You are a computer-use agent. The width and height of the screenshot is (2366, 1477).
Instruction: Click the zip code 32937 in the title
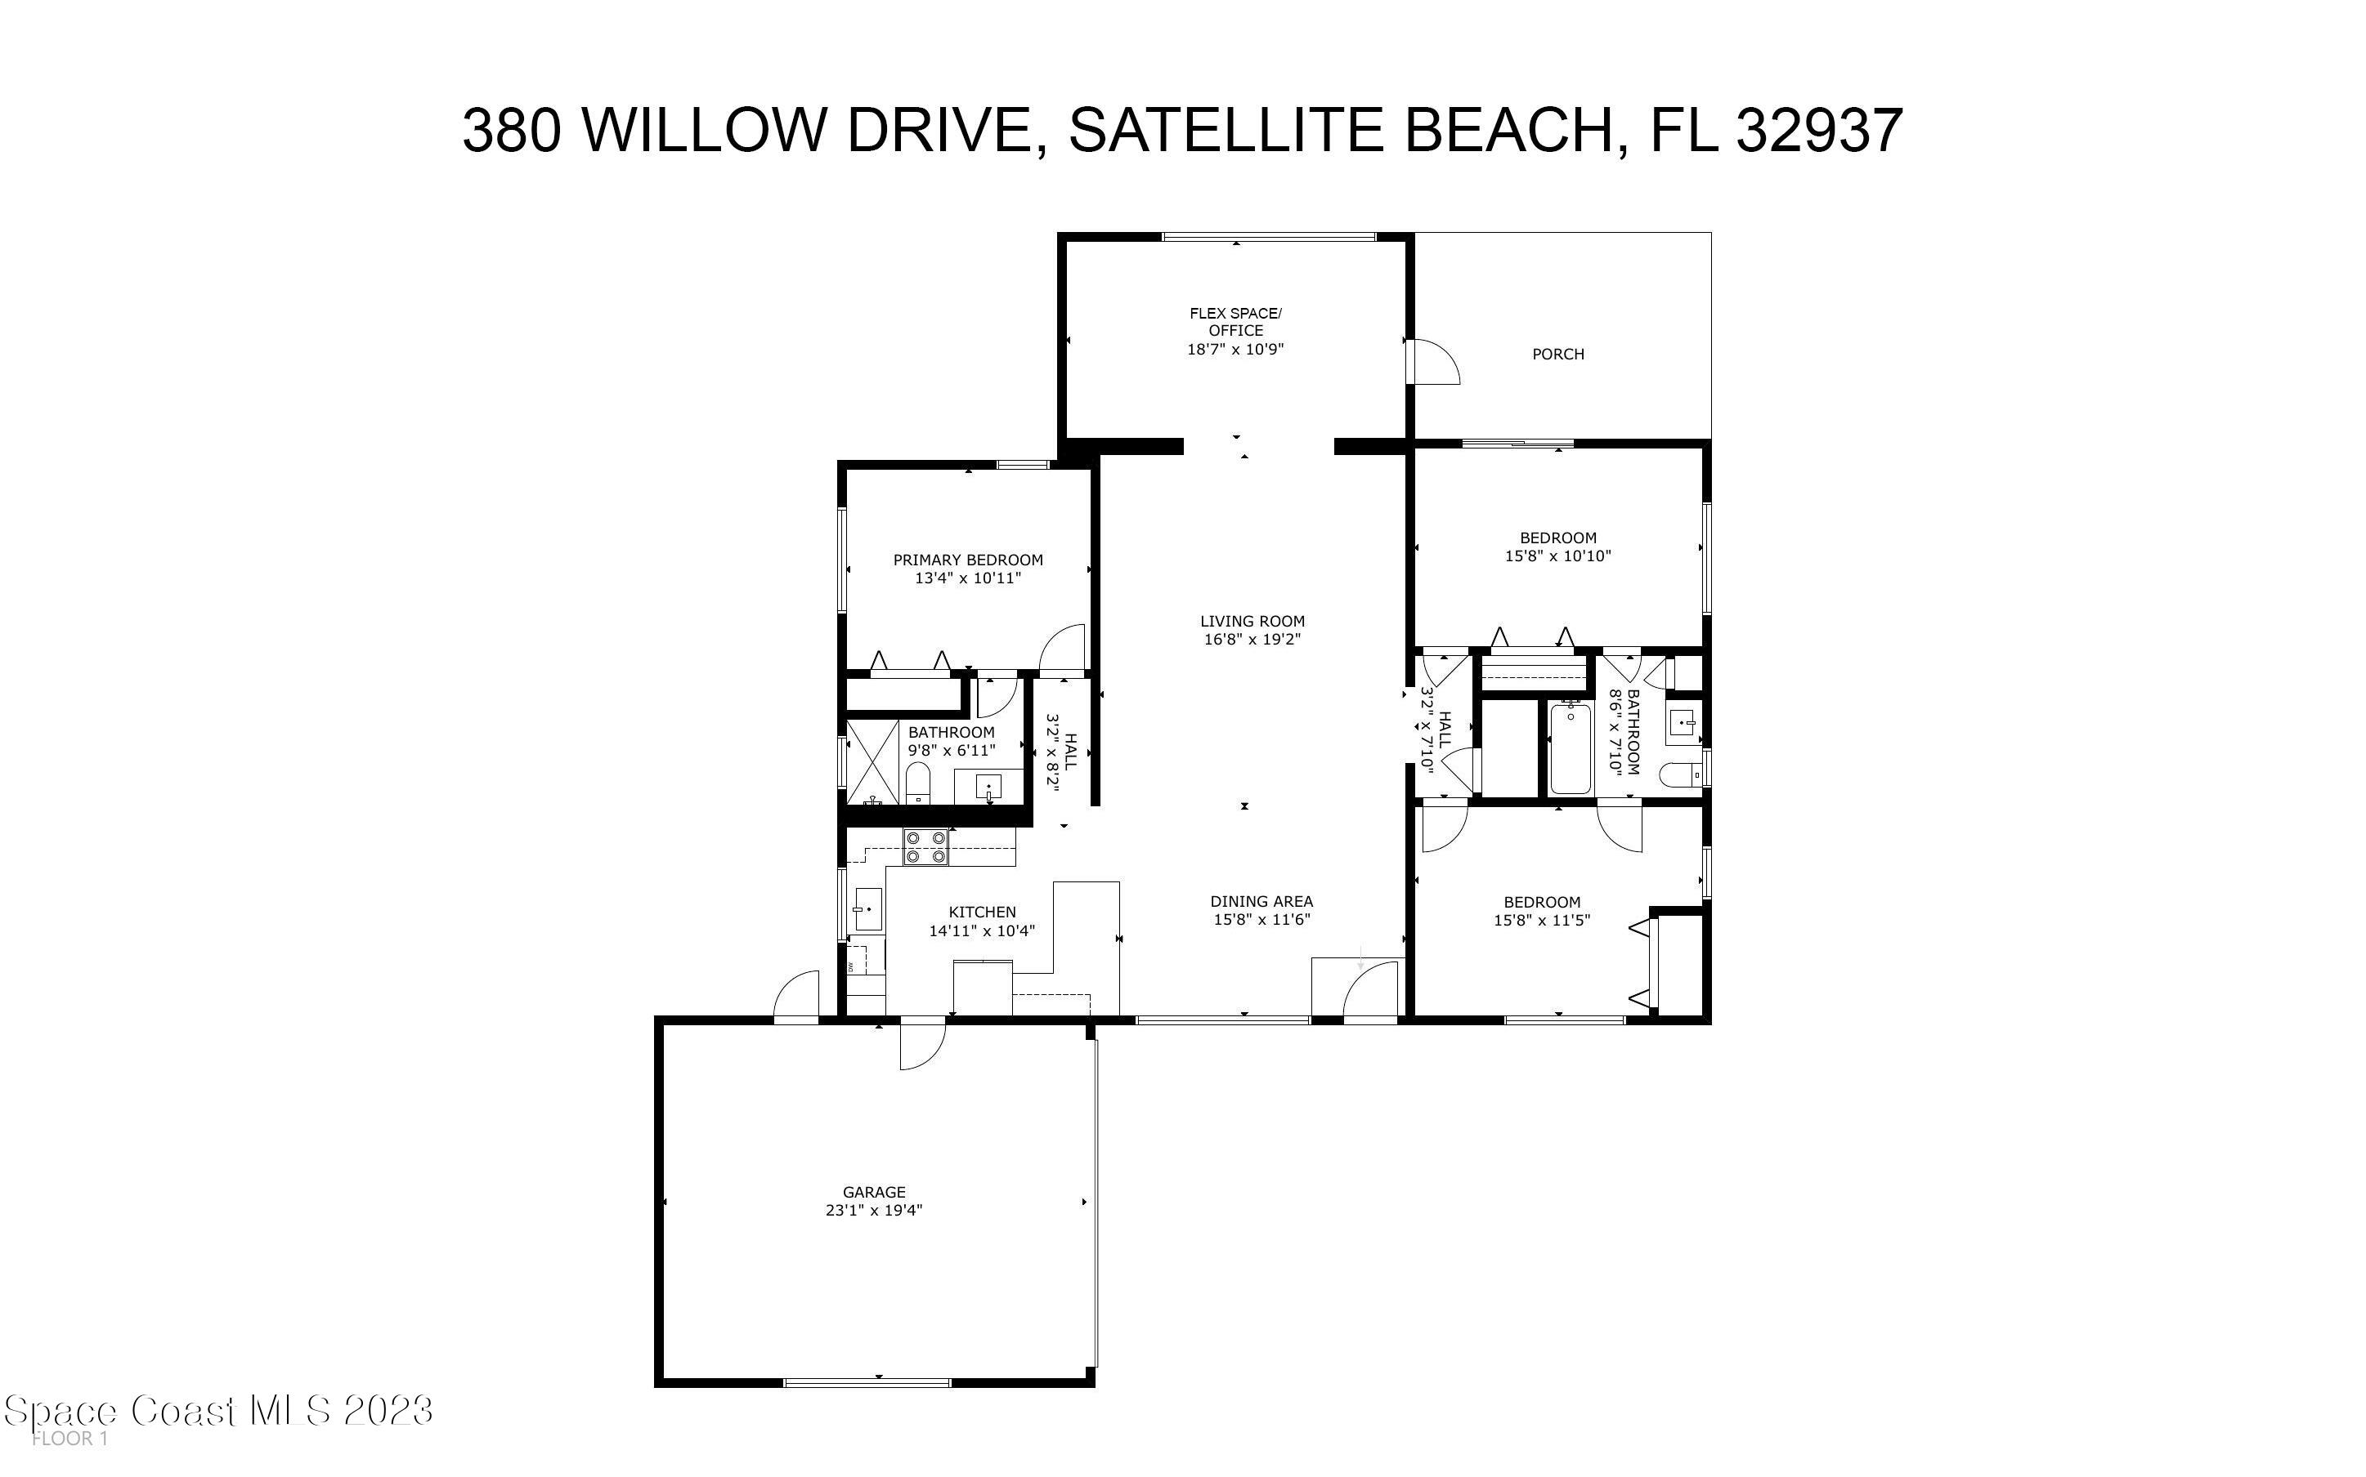[1819, 131]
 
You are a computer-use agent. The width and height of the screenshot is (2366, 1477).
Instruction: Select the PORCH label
[1557, 355]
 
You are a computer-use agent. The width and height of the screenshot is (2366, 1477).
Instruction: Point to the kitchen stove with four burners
[925, 847]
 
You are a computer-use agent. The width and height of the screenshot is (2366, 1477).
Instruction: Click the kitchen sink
[867, 909]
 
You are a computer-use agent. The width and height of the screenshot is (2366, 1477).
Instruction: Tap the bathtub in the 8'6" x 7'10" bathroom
[1571, 749]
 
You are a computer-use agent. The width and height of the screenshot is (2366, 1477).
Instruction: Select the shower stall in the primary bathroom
[872, 762]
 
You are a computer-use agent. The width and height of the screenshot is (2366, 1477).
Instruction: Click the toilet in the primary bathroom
[917, 783]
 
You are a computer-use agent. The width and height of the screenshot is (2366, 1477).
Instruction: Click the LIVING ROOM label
[1252, 622]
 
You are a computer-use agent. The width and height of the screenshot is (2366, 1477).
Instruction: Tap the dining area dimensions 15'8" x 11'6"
[1261, 920]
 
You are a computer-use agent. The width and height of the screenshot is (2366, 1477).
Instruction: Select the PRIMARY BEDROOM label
[967, 560]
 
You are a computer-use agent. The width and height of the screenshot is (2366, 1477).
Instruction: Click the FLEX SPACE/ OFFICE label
[1235, 321]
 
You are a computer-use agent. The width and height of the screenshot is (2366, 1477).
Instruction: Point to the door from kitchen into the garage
[921, 1042]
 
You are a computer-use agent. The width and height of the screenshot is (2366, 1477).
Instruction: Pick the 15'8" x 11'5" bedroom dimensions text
[1541, 920]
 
